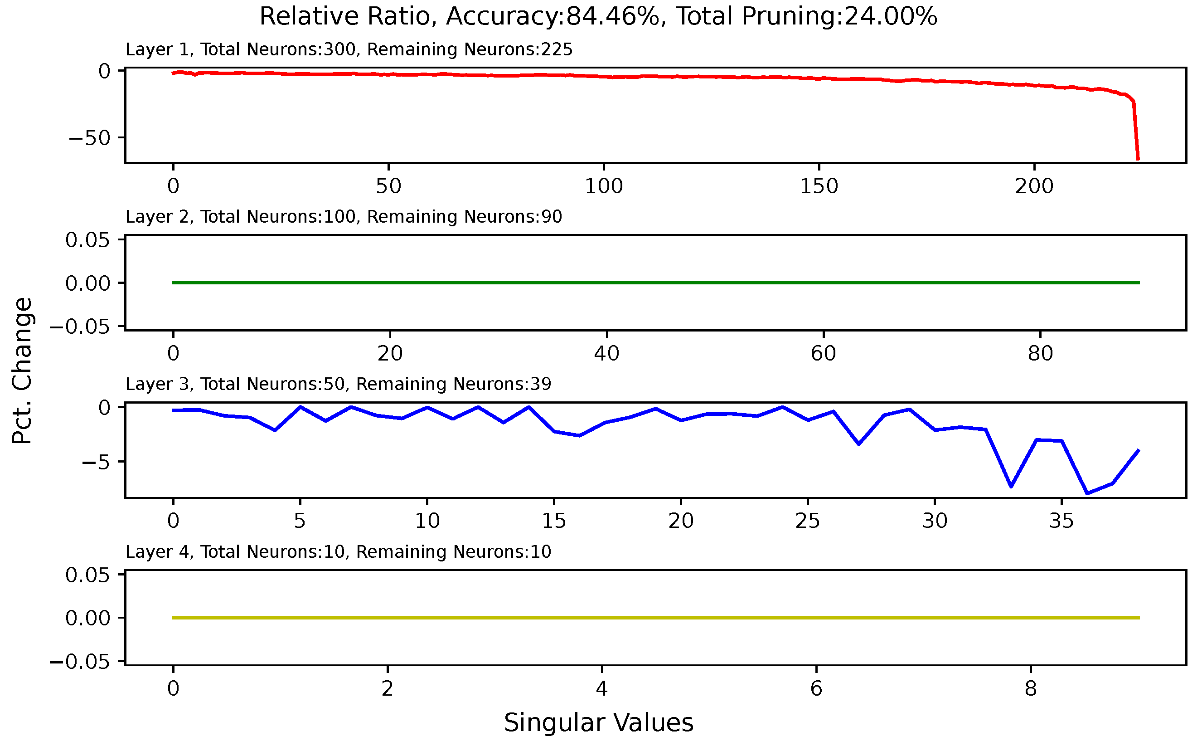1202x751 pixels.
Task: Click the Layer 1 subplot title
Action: click(x=349, y=50)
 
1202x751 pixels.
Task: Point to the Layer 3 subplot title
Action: click(x=338, y=385)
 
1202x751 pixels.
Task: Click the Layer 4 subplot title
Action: click(x=338, y=552)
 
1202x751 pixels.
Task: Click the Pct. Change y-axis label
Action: click(x=22, y=371)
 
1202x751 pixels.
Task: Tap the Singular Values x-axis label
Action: click(x=599, y=723)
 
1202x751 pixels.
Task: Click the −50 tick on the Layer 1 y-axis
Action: click(x=89, y=137)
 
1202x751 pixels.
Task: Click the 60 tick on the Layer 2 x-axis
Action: click(x=824, y=354)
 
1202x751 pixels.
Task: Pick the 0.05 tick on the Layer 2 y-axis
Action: click(x=87, y=240)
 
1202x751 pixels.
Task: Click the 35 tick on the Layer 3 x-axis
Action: click(x=1061, y=521)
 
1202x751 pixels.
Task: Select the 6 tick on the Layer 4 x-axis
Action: click(x=816, y=689)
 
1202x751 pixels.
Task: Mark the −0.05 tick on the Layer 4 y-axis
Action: click(x=79, y=662)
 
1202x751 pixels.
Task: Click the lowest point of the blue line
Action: click(x=1087, y=494)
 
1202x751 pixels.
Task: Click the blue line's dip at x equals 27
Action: click(x=858, y=444)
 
